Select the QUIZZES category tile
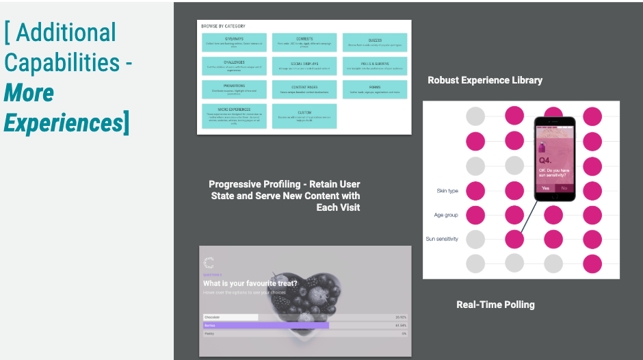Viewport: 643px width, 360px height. (x=375, y=42)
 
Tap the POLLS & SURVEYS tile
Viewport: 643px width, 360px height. (x=375, y=66)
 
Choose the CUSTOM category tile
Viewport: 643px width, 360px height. (x=304, y=116)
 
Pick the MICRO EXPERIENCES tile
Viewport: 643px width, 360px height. (x=234, y=116)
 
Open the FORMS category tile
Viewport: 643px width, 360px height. (x=375, y=90)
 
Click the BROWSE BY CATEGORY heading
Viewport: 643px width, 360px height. (x=223, y=26)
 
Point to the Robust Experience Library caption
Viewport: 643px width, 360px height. (x=485, y=80)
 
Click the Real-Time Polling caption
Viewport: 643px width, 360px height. (x=495, y=305)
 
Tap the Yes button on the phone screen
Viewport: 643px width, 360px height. (x=545, y=188)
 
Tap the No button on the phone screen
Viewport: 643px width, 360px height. (x=564, y=188)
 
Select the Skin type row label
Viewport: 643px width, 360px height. (x=447, y=191)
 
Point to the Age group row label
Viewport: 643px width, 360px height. (x=446, y=215)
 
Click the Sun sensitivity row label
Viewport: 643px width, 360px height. (x=442, y=239)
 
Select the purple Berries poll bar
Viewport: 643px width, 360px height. (x=266, y=325)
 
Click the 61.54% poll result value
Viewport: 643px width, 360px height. (x=401, y=326)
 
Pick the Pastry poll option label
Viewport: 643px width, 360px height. (x=209, y=334)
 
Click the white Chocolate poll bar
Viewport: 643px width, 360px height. (x=231, y=318)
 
